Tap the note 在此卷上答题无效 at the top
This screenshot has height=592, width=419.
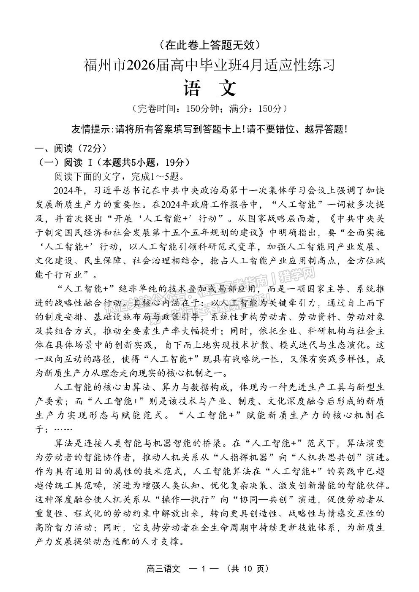coord(209,43)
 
